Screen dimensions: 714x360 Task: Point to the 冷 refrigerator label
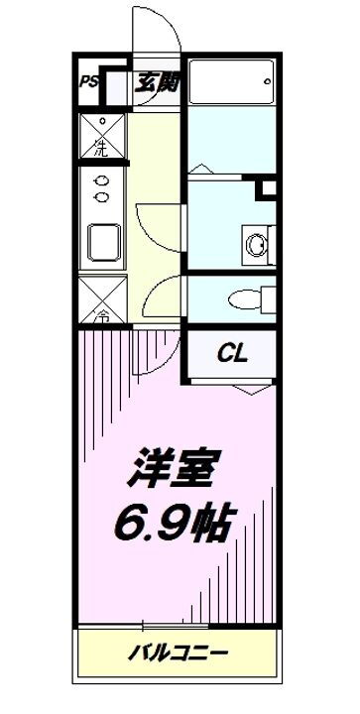(100, 318)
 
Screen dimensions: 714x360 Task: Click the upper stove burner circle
(100, 179)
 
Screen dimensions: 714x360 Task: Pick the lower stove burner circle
(100, 196)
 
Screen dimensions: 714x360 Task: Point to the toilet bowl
(241, 296)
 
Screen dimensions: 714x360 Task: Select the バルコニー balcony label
(180, 654)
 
